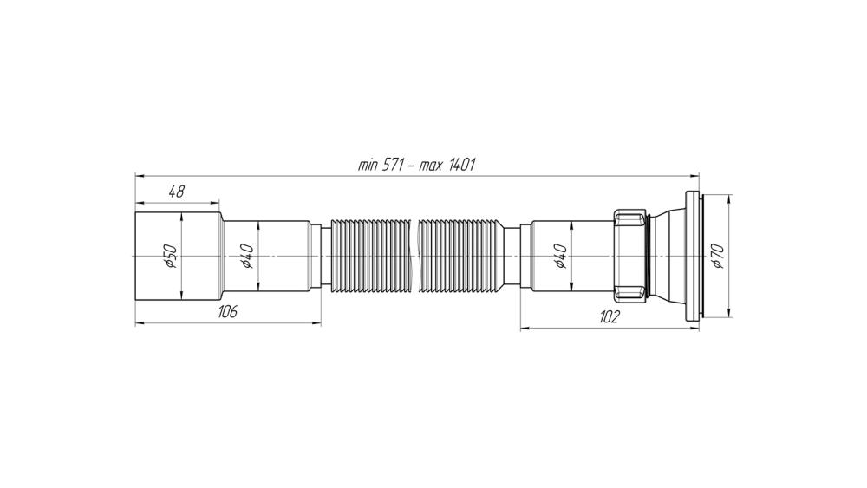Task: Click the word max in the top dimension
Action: pyautogui.click(x=430, y=166)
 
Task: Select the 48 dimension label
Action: pyautogui.click(x=176, y=192)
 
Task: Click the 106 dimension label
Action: pyautogui.click(x=226, y=312)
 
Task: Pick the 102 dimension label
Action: pyautogui.click(x=610, y=317)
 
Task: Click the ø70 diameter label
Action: pyautogui.click(x=717, y=257)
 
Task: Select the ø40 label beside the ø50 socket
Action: pyautogui.click(x=246, y=257)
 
